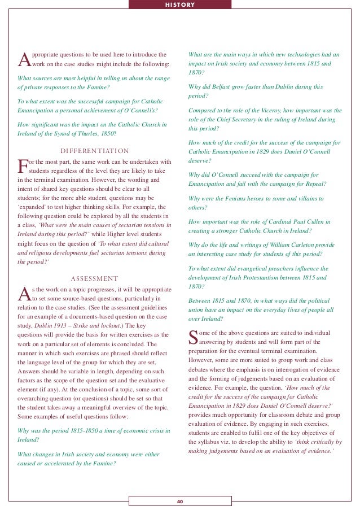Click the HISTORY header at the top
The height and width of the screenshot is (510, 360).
pos(179,5)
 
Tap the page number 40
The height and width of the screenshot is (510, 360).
pos(179,502)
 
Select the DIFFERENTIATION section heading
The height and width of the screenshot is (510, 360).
pos(95,151)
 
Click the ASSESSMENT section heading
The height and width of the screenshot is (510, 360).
pos(95,278)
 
